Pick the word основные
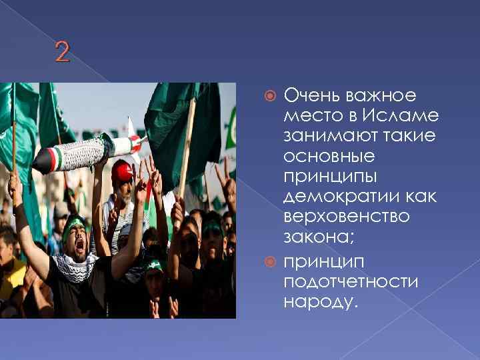pos(328,157)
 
